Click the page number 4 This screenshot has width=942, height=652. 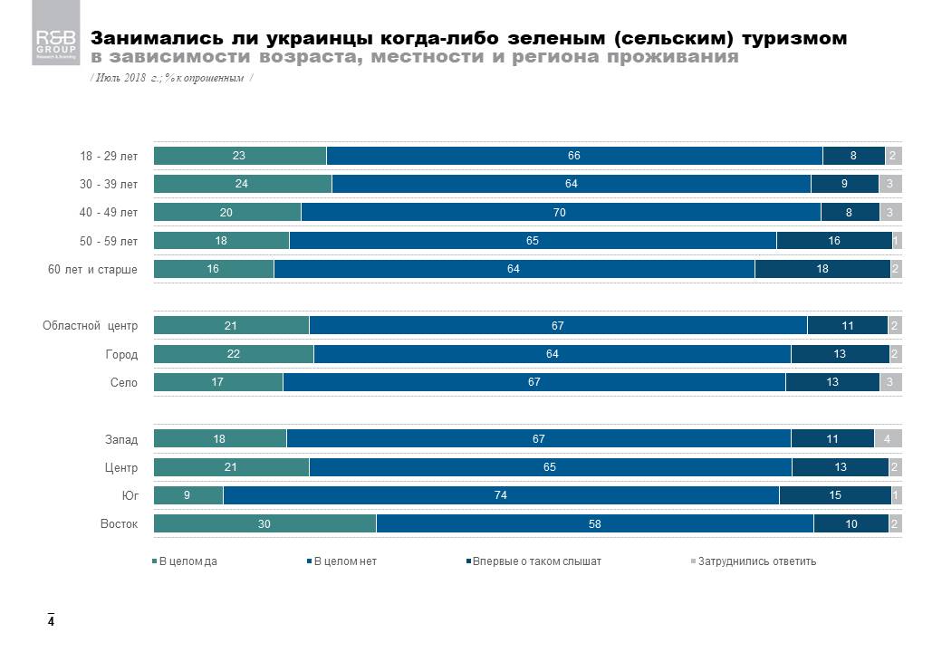(52, 622)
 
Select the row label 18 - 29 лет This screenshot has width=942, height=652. (109, 157)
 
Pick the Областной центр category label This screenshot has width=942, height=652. (91, 326)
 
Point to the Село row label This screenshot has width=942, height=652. (124, 383)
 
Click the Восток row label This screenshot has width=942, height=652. (119, 524)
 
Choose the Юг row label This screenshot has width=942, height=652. (129, 496)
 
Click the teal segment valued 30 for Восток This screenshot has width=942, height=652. (264, 524)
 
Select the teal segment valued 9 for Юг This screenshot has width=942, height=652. (188, 496)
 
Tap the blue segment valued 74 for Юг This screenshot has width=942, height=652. (501, 496)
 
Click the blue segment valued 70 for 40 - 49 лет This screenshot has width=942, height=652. (561, 213)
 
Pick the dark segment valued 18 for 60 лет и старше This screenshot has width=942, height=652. (822, 270)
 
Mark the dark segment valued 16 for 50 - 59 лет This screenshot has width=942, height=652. (834, 241)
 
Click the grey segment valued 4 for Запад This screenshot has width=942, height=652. (888, 439)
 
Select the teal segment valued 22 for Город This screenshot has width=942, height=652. (234, 354)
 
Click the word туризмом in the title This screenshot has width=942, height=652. (795, 39)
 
